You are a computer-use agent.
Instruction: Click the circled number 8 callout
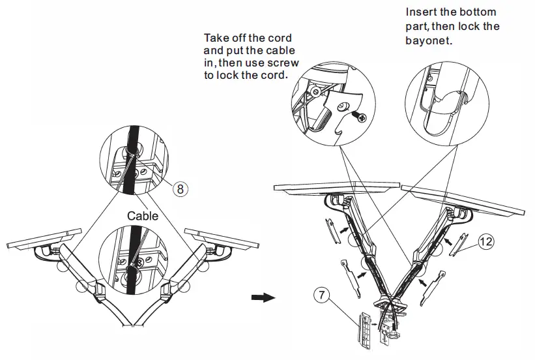[181, 189]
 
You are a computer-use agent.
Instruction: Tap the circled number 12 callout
[485, 241]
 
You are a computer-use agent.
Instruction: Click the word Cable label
[143, 216]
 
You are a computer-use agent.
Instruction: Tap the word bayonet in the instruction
[427, 40]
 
